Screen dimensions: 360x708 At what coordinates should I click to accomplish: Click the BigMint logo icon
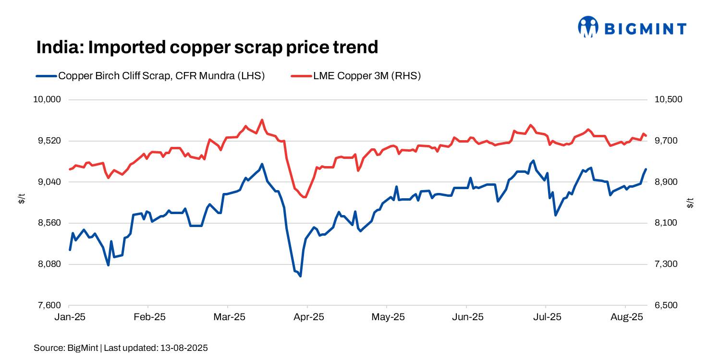click(x=588, y=27)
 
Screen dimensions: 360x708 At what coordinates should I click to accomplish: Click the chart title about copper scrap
click(x=207, y=47)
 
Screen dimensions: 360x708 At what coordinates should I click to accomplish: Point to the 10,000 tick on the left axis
click(x=48, y=100)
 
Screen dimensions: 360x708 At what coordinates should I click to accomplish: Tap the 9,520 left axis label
click(x=49, y=141)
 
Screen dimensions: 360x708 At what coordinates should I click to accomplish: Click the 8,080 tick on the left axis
click(x=49, y=264)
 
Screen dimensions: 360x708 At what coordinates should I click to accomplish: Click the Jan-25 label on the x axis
click(x=69, y=317)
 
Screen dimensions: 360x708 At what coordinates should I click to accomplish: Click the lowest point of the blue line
click(x=300, y=276)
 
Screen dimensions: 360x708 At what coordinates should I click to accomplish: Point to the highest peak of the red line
click(x=262, y=120)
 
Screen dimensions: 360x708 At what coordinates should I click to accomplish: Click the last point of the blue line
click(x=646, y=169)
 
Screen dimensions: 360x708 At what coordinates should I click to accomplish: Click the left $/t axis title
click(x=21, y=198)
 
